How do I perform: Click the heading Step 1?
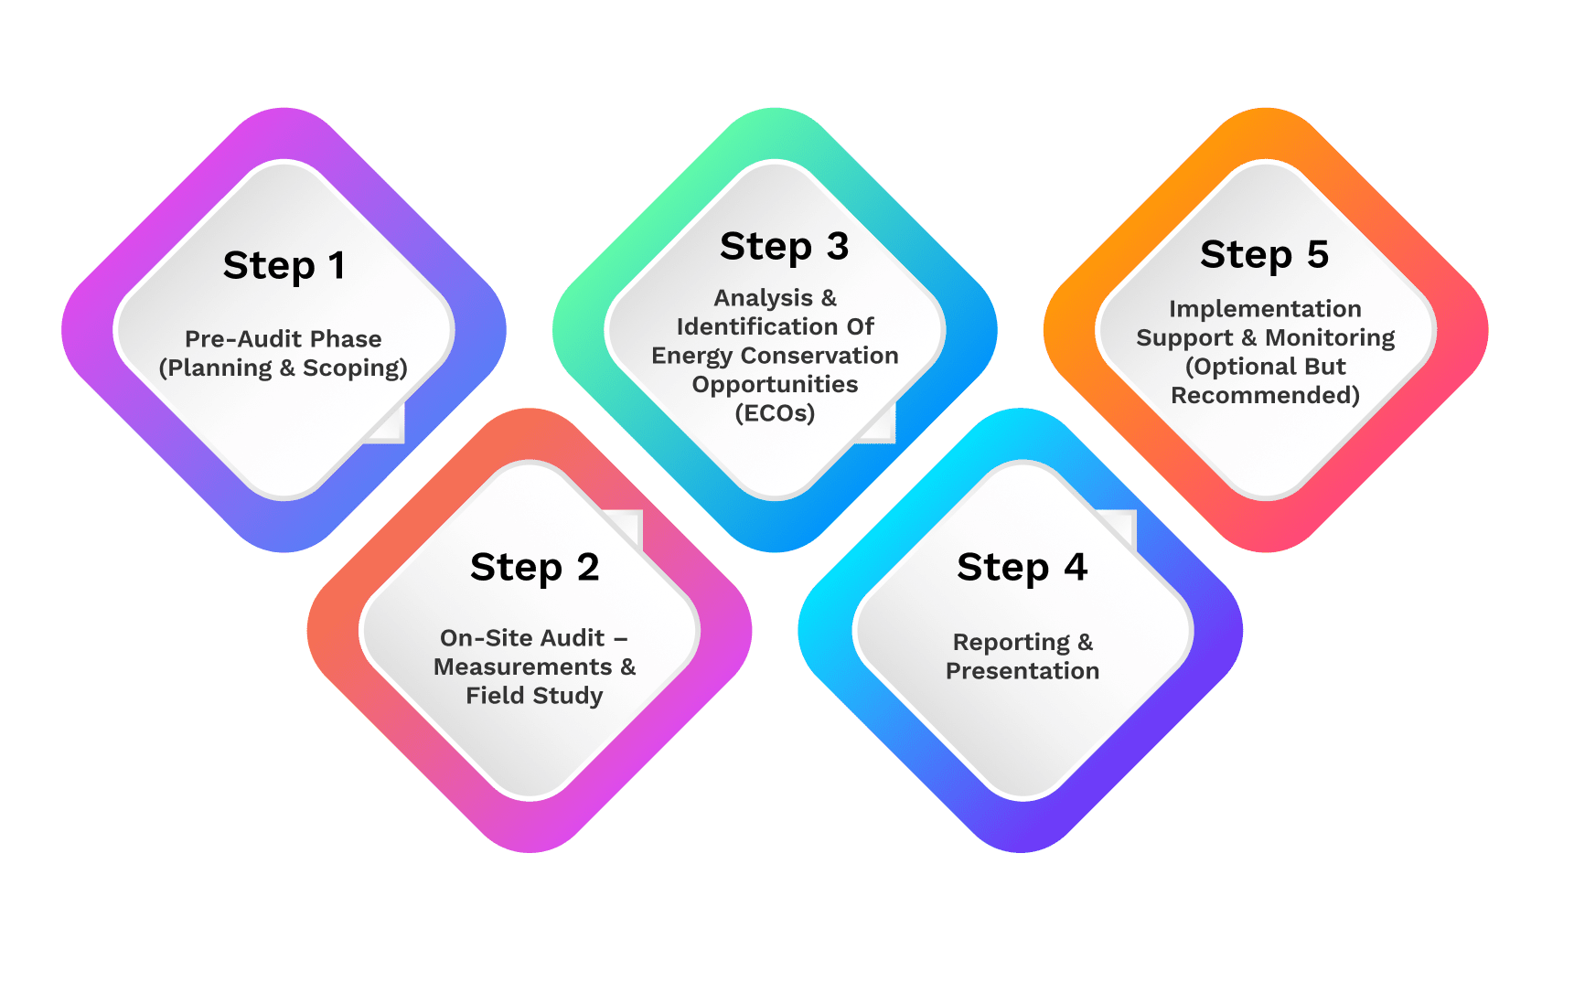tap(284, 266)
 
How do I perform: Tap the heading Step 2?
tap(534, 568)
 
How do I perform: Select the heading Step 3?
tap(784, 247)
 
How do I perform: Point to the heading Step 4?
tap(1022, 568)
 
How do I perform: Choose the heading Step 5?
tap(1264, 255)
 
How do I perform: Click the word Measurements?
tap(522, 667)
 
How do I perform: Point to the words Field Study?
tap(534, 696)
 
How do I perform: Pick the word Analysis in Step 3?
tap(763, 298)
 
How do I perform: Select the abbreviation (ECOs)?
tap(775, 413)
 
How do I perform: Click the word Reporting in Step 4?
tap(1011, 643)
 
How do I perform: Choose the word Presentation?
tap(1022, 671)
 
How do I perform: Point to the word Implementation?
tap(1265, 309)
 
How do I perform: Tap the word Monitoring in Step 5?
tap(1330, 338)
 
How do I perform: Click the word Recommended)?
tap(1265, 395)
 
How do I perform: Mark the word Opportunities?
tap(775, 384)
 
